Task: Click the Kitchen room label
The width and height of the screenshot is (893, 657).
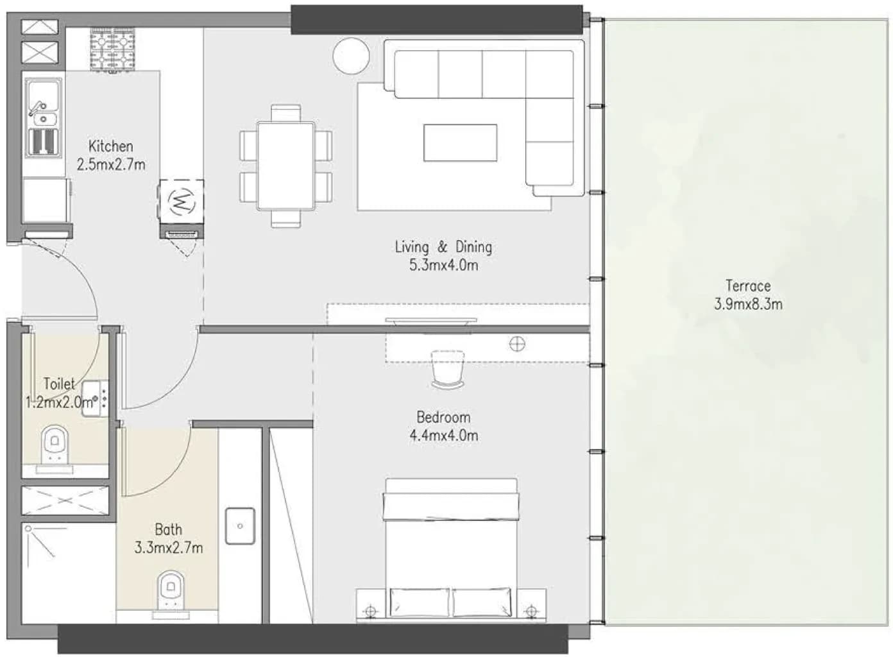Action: point(110,146)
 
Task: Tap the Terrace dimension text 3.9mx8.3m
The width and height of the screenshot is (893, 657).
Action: point(748,305)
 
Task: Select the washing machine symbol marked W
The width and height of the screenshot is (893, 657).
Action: point(182,202)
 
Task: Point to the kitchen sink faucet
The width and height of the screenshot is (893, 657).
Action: point(37,108)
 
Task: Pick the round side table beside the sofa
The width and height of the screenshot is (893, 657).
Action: point(351,55)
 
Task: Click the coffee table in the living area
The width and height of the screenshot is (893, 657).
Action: point(460,142)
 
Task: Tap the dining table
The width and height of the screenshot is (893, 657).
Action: point(286,166)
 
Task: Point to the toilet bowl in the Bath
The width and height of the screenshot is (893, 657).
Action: point(171,591)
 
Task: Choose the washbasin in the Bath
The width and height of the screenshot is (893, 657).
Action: point(240,526)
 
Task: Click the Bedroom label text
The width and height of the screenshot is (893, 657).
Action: point(443,418)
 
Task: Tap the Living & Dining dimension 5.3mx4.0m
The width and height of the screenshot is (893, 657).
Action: point(443,265)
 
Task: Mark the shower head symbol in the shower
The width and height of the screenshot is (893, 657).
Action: point(28,529)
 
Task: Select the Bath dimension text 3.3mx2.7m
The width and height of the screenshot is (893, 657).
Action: point(169,548)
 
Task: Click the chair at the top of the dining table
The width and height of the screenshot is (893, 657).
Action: point(286,112)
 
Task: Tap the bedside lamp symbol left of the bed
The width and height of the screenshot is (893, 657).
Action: point(371,610)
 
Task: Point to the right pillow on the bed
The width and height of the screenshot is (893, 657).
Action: point(482,602)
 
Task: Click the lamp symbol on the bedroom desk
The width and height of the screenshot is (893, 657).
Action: point(517,344)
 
